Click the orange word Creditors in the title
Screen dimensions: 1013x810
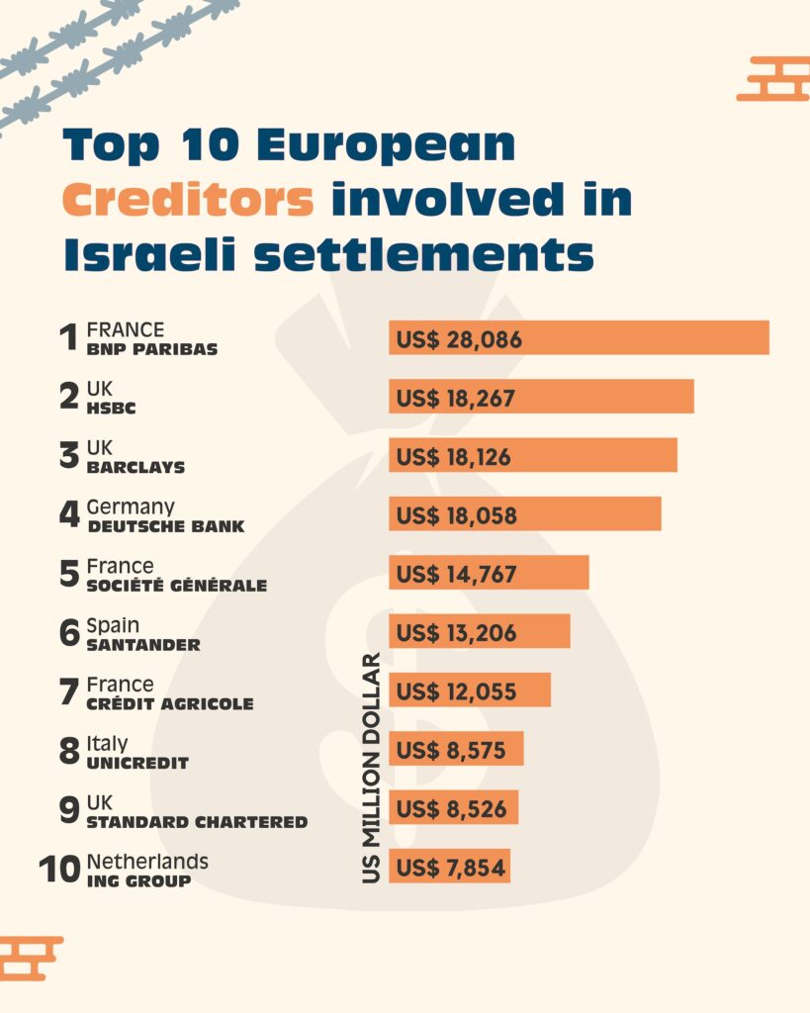188,201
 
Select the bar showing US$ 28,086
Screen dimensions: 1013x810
579,338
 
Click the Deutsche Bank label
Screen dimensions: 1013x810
166,525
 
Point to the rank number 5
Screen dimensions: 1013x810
69,574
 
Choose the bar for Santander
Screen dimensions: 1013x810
480,631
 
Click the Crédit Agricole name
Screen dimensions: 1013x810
170,703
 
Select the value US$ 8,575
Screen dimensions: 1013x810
451,750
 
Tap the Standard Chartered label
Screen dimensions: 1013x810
197,821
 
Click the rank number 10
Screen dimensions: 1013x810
59,870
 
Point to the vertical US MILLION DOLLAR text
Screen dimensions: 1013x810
371,767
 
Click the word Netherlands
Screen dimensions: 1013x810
147,862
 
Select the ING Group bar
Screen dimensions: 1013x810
450,867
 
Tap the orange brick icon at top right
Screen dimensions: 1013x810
773,79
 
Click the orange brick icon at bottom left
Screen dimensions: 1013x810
30,958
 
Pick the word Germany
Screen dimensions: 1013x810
131,506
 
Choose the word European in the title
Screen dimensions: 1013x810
386,146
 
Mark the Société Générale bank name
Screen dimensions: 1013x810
177,585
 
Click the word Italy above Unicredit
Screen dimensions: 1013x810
107,743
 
